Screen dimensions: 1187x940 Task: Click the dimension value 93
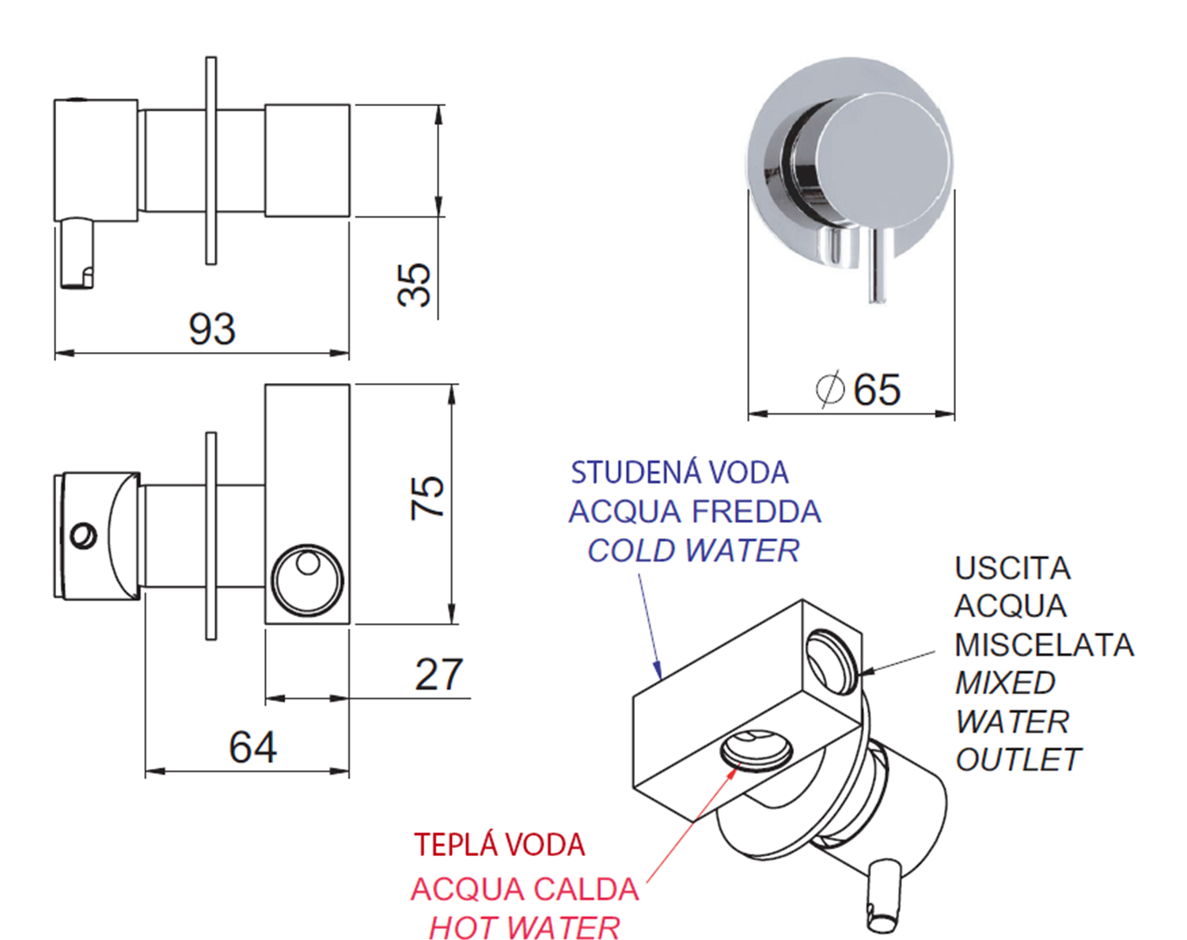coord(212,329)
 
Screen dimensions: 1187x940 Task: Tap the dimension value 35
coord(414,285)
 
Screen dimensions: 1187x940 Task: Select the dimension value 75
coord(427,498)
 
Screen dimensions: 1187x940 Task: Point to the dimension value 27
coord(438,674)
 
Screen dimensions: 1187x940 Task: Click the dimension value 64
coord(252,748)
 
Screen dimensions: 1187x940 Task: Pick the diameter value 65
coord(877,389)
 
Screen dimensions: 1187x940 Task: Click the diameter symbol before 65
coord(830,389)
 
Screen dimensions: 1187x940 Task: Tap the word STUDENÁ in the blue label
coord(631,472)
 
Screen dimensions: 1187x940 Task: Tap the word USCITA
coord(1013,568)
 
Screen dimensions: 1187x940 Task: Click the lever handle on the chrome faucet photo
coord(877,263)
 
